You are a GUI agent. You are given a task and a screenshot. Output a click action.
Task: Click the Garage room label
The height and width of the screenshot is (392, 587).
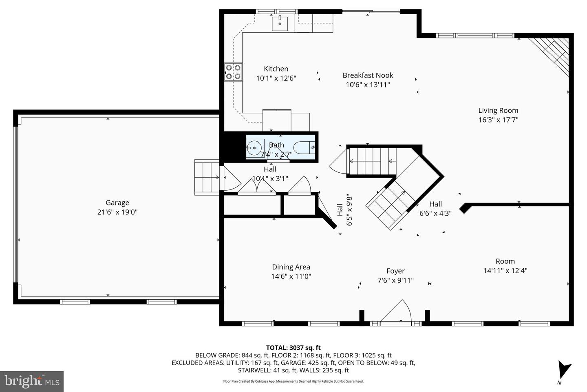point(117,203)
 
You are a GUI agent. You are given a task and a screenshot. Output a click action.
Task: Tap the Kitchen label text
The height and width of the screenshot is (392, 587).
point(276,69)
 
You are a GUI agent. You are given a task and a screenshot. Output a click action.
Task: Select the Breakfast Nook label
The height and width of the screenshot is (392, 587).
point(368,75)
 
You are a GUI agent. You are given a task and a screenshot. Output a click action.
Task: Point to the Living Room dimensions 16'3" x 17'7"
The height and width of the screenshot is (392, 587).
point(498,120)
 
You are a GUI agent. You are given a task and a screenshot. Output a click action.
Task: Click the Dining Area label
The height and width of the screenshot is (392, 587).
point(291,267)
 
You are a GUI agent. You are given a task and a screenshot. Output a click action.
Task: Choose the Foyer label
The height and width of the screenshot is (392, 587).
point(395,271)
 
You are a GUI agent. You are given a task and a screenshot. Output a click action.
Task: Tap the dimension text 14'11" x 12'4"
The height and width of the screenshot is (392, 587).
point(505,270)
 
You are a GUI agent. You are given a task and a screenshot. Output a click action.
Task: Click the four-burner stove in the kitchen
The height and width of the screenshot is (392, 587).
point(233,72)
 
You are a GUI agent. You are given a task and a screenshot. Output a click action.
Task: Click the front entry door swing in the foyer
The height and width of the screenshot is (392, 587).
point(397,312)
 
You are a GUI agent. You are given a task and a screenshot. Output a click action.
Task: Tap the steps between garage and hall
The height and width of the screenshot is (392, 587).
point(207,177)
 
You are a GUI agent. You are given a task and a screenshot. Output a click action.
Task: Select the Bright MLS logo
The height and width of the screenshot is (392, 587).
point(32,381)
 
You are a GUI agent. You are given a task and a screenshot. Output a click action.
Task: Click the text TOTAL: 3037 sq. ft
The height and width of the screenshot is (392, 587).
point(293,348)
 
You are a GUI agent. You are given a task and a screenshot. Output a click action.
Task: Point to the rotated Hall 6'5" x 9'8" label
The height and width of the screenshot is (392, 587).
point(344,210)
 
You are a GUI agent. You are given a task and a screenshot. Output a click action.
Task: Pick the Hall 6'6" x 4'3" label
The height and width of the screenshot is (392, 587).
point(435,208)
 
